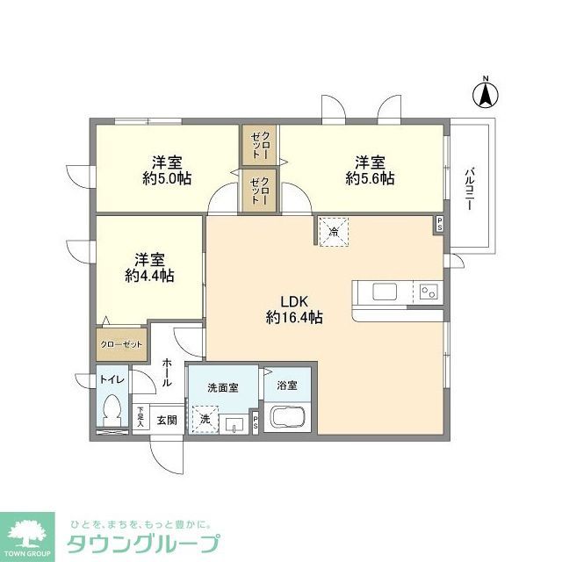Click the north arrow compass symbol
coord(485,93)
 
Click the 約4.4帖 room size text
coord(149,276)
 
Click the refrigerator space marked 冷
coord(334,232)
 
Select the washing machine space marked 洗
coord(205,419)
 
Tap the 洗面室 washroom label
coord(223,387)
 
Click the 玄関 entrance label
coord(167,420)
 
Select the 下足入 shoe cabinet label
coord(140,416)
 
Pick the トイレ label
coord(112,379)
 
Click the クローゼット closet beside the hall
coord(121,344)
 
